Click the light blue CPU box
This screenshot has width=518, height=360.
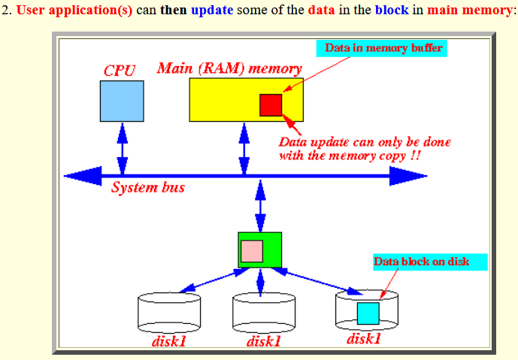coord(122,101)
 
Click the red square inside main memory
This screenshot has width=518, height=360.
coord(271,105)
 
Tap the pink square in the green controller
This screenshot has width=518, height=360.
coord(252,251)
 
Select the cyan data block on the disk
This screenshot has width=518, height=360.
coord(368,313)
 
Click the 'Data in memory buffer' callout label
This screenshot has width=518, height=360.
coord(382,48)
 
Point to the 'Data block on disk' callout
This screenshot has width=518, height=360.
coord(430,262)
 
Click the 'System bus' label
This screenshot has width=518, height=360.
coord(147,188)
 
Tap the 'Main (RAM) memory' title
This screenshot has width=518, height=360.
coord(229,68)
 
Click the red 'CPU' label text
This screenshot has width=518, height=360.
coord(120,71)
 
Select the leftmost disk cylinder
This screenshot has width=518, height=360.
coord(169,313)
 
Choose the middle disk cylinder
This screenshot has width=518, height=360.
coord(264,313)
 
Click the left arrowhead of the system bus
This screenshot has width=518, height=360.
coord(83,176)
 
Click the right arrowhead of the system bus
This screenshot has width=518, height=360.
coord(408,176)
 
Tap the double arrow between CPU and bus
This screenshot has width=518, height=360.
coord(123,149)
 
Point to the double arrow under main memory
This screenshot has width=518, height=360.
coord(244,149)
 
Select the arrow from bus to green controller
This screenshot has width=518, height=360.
coord(260,206)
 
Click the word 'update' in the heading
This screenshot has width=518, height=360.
coord(212,11)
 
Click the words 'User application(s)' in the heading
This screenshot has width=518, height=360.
coord(74,11)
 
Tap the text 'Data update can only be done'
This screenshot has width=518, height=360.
coord(365,142)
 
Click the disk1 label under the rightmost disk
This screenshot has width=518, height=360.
coord(364,339)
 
